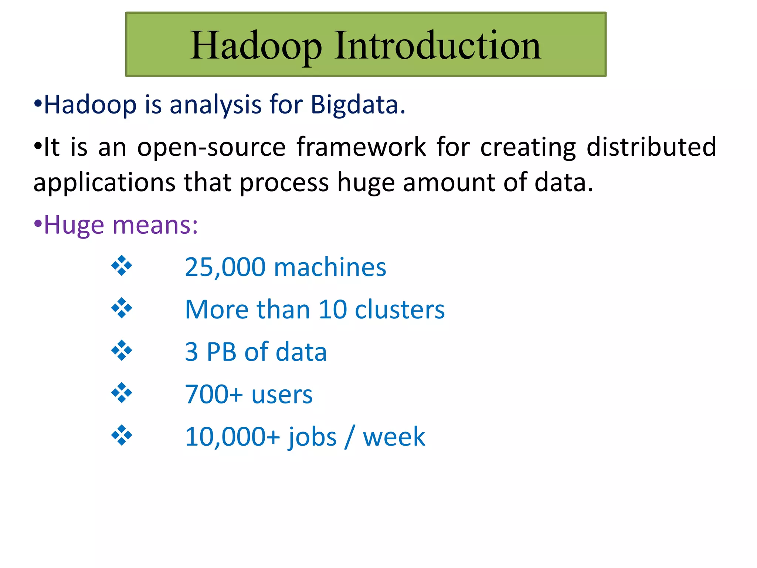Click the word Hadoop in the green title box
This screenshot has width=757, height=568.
(x=256, y=46)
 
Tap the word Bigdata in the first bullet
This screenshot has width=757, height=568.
(x=358, y=105)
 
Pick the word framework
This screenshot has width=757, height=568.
(x=361, y=147)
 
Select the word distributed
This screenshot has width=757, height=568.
(x=651, y=147)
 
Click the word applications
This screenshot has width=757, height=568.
(x=105, y=183)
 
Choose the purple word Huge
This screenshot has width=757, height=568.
(x=74, y=226)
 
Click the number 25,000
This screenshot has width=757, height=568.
(x=225, y=267)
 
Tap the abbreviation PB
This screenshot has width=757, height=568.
(x=221, y=352)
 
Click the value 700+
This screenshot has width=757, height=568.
(x=214, y=395)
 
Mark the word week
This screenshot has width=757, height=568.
(x=394, y=437)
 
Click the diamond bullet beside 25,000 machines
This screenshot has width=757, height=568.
(x=122, y=266)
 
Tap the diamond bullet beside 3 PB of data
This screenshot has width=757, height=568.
(x=122, y=351)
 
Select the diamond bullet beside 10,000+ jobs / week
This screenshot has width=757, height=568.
(x=122, y=435)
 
